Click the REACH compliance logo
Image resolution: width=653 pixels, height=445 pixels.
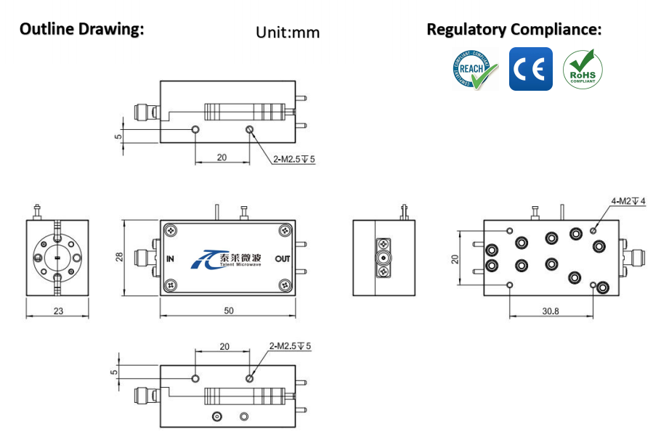pos(474,69)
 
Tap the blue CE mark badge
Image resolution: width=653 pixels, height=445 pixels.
pos(530,69)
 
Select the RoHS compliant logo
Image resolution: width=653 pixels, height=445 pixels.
pos(583,69)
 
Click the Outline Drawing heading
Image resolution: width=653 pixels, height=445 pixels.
pos(81,29)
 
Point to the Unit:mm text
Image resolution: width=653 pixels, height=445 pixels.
pos(288,32)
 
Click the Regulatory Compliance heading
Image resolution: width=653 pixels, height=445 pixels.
pos(514,30)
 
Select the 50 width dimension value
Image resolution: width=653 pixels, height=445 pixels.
pos(228,311)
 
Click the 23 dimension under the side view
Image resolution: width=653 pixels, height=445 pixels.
pos(57,311)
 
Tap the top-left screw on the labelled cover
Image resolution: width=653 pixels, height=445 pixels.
pos(171,231)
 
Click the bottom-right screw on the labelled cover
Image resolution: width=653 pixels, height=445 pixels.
pos(283,285)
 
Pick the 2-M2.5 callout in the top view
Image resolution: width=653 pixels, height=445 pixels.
pos(294,159)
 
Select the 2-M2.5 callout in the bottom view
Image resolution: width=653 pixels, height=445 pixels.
pos(290,346)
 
